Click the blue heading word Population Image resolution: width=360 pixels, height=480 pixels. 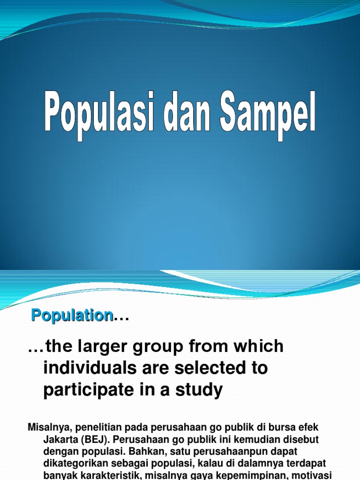72,315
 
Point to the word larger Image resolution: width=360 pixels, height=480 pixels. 102,347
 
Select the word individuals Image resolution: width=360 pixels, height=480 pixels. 87,368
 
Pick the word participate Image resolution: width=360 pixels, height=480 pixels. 85,390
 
